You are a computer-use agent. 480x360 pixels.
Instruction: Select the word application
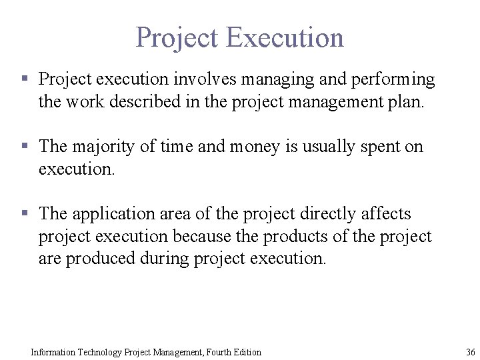coord(115,214)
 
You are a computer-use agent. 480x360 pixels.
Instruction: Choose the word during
coord(165,259)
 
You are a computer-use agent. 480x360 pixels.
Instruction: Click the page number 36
coord(471,352)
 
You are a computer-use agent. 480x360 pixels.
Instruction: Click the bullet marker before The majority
coord(25,146)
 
